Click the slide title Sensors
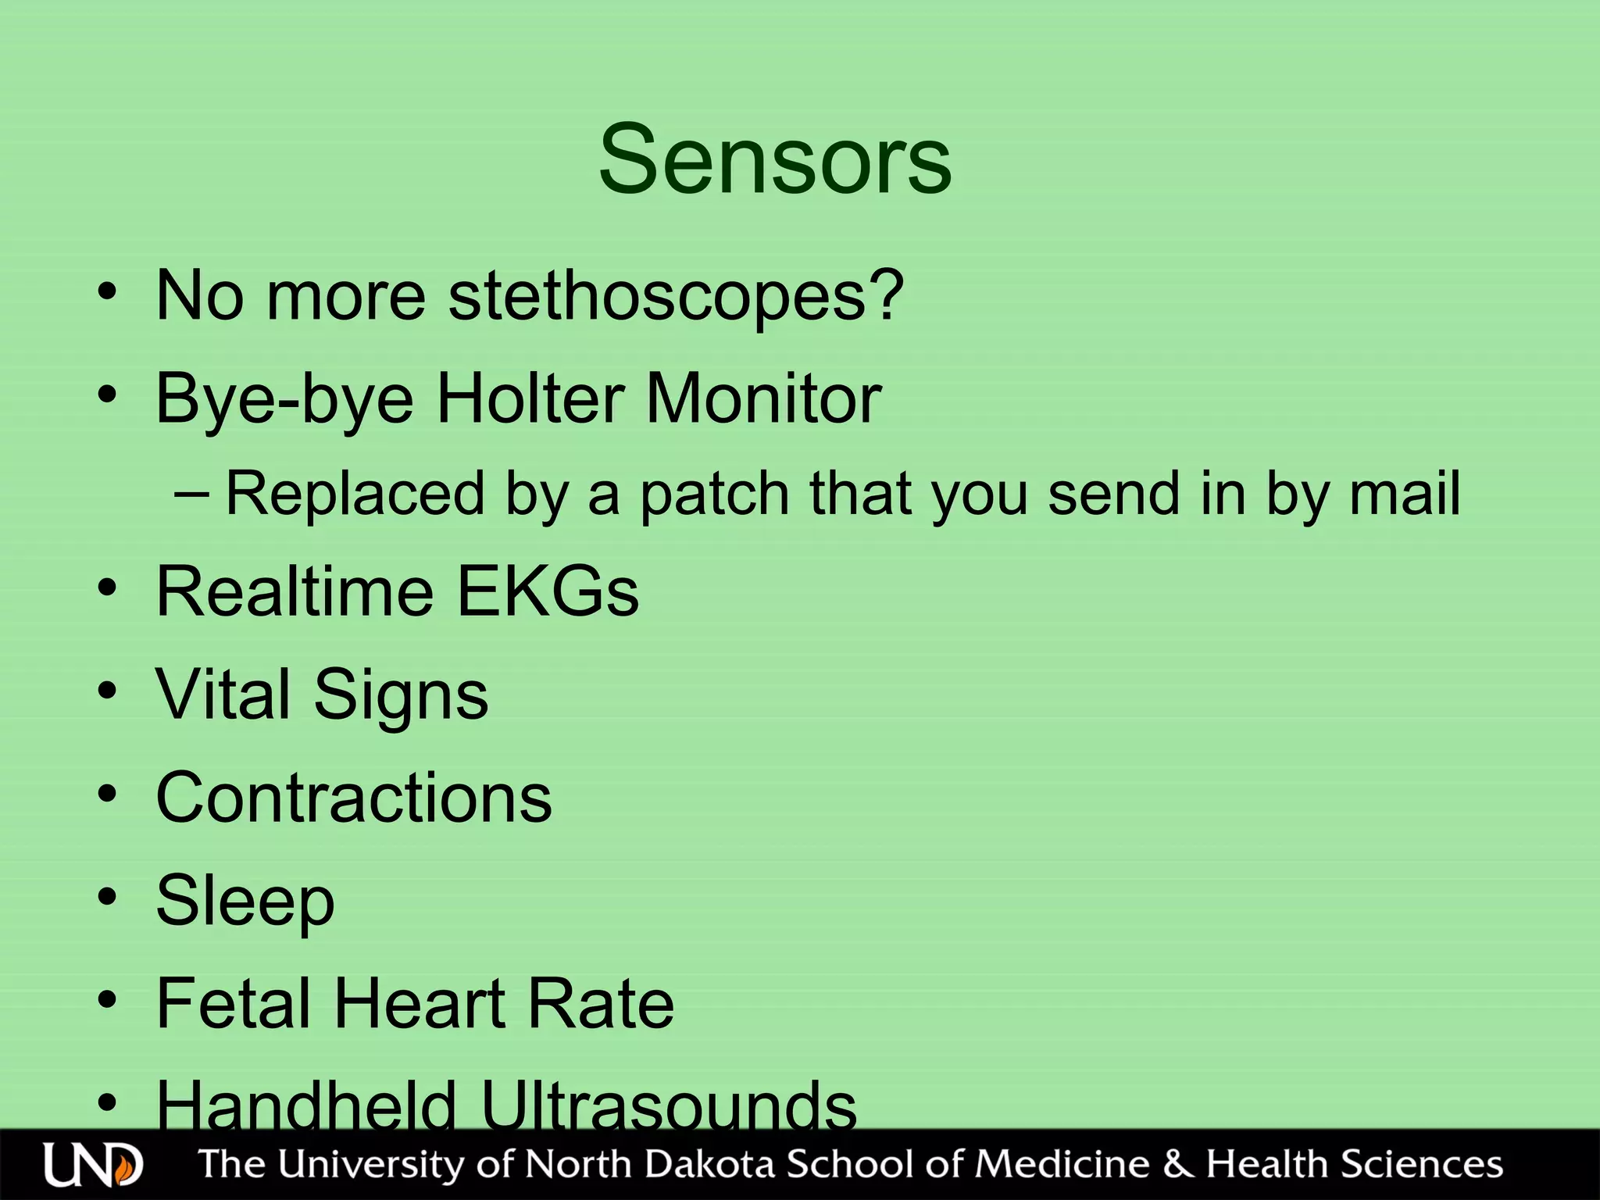coord(775,160)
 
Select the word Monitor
coord(763,399)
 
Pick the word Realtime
coord(295,591)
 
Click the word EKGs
coord(548,591)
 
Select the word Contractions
coord(354,798)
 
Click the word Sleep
coord(245,902)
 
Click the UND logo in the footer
coord(93,1165)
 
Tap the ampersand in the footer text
coord(1177,1163)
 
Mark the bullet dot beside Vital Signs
coord(108,690)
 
